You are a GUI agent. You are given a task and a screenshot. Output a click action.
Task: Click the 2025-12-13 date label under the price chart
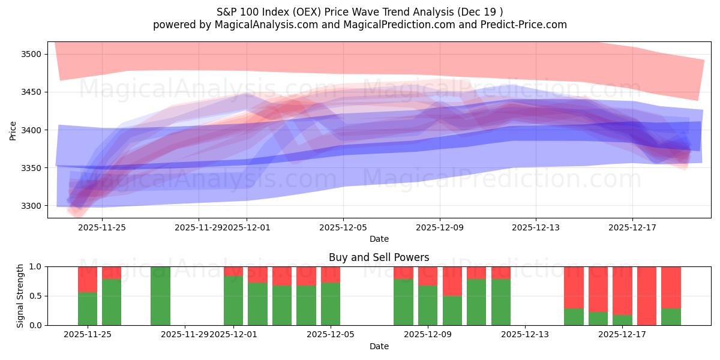(x=536, y=227)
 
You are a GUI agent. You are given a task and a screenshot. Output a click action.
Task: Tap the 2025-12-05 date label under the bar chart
(x=331, y=335)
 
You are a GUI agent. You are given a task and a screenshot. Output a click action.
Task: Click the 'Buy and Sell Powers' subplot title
(x=379, y=257)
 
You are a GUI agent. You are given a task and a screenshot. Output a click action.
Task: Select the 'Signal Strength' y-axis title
(x=20, y=295)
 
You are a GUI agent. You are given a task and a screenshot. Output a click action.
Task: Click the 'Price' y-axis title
(x=13, y=130)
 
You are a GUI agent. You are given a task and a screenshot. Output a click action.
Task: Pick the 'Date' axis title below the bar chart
(x=379, y=346)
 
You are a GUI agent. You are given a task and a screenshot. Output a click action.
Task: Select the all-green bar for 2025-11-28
(x=160, y=296)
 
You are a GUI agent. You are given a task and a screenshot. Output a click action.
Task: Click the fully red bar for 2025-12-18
(x=647, y=296)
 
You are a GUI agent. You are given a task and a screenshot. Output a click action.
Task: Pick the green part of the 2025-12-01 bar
(x=233, y=300)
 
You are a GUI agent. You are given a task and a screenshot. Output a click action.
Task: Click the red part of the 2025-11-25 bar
(x=88, y=279)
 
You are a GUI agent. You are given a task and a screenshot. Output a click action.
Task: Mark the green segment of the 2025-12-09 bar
(x=428, y=305)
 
